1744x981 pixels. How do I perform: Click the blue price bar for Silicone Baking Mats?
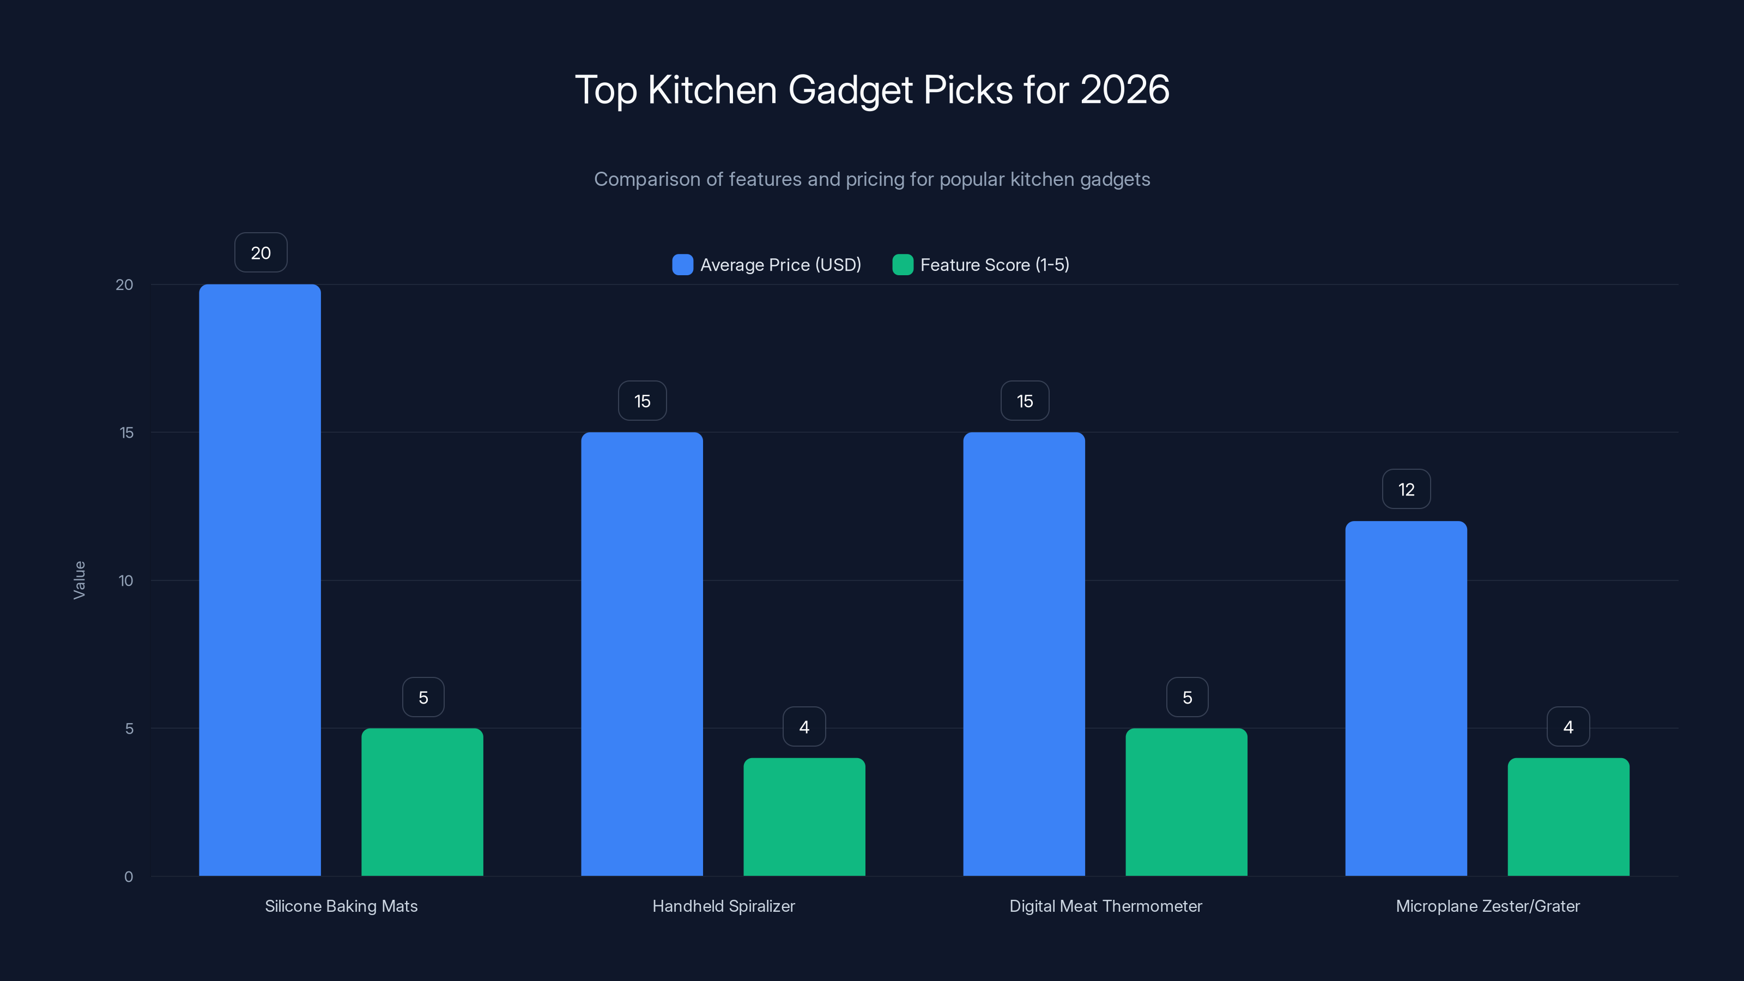coord(260,580)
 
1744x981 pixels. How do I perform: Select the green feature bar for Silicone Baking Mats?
coord(422,802)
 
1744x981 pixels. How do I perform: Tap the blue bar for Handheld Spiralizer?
coord(642,654)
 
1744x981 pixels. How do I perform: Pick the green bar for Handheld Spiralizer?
coord(804,817)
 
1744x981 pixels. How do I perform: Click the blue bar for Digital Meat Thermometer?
coord(1024,654)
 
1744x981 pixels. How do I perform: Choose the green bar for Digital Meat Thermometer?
coord(1186,802)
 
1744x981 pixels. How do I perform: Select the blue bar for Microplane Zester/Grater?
coord(1406,699)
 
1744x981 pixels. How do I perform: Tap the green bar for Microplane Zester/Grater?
coord(1568,817)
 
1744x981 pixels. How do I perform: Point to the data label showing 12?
coord(1406,489)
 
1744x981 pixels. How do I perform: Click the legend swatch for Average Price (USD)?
coord(682,265)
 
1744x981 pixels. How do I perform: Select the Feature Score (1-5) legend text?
coord(995,265)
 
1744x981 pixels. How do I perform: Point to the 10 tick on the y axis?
coord(126,581)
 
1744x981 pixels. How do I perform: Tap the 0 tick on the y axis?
coord(129,877)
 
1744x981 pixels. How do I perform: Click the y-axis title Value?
coord(79,580)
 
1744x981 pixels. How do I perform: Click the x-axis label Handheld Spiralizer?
coord(723,906)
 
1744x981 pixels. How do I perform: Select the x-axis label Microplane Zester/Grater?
coord(1487,906)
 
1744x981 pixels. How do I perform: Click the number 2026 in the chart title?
coord(1124,90)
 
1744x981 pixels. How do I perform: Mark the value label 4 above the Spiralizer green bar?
coord(804,727)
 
